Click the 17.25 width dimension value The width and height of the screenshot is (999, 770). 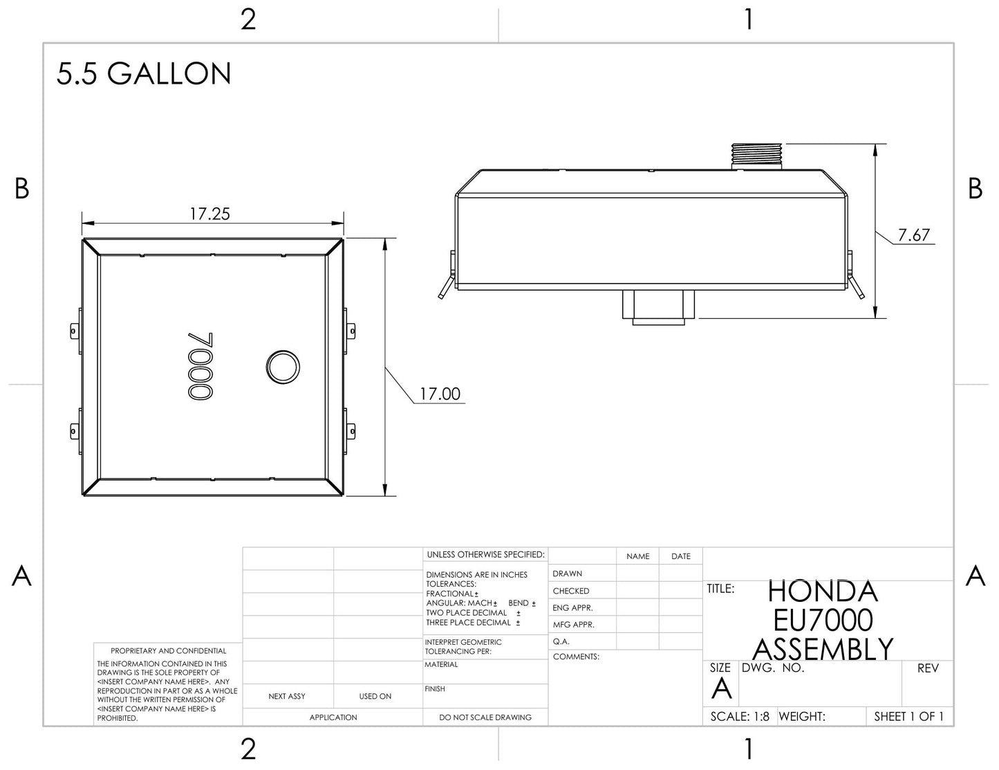click(x=210, y=214)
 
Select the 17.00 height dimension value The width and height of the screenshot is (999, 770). click(x=440, y=394)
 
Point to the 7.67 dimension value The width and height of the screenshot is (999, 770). click(x=913, y=235)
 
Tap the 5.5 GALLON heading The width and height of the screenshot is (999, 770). click(x=144, y=74)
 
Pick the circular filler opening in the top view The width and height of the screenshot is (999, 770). click(x=283, y=367)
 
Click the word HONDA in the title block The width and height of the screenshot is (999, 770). click(x=822, y=592)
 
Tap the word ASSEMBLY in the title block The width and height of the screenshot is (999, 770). click(x=822, y=649)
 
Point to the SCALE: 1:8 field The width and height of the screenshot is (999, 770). click(x=739, y=717)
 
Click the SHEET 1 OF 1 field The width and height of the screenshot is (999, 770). click(x=908, y=717)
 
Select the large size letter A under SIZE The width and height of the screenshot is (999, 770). click(x=721, y=689)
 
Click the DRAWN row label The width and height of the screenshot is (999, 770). click(x=568, y=574)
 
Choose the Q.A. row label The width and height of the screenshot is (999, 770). click(x=561, y=641)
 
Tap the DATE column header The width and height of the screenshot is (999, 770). click(x=681, y=556)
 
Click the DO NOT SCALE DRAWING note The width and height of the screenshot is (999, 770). click(x=485, y=717)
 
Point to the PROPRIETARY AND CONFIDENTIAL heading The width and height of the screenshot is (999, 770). click(x=168, y=651)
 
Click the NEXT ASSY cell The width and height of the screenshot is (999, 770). click(x=287, y=697)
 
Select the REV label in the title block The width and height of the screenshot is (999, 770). click(x=928, y=668)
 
